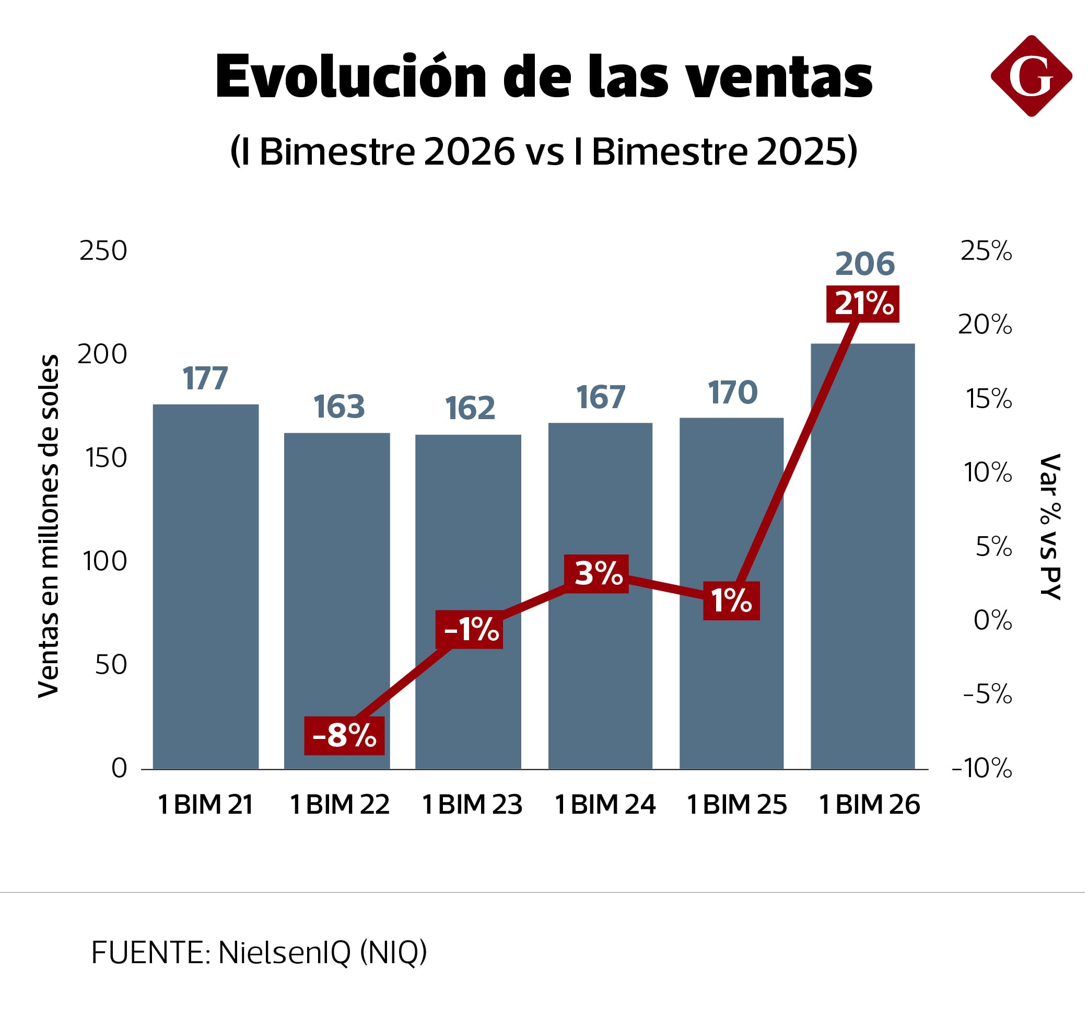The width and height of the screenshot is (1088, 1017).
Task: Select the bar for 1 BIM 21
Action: click(206, 586)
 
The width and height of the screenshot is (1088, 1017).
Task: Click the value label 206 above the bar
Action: click(865, 264)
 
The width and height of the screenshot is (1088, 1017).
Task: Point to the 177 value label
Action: click(205, 378)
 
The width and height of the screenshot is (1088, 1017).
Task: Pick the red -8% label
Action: click(344, 735)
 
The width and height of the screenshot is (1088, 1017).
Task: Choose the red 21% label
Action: click(863, 304)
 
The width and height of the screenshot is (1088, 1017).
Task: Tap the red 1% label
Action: click(731, 601)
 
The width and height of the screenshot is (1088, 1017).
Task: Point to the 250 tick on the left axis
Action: click(103, 251)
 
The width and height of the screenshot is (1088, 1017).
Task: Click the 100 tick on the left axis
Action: click(104, 561)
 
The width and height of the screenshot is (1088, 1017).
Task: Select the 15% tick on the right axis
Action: click(988, 399)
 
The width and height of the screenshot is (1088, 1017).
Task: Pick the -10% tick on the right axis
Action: click(982, 768)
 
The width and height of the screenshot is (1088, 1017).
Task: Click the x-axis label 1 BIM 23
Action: click(472, 805)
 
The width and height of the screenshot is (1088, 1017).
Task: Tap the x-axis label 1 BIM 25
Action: click(736, 805)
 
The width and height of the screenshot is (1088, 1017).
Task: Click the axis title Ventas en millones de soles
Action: click(48, 526)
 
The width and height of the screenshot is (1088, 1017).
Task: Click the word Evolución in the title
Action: click(351, 77)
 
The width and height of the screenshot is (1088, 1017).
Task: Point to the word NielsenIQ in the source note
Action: click(284, 953)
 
